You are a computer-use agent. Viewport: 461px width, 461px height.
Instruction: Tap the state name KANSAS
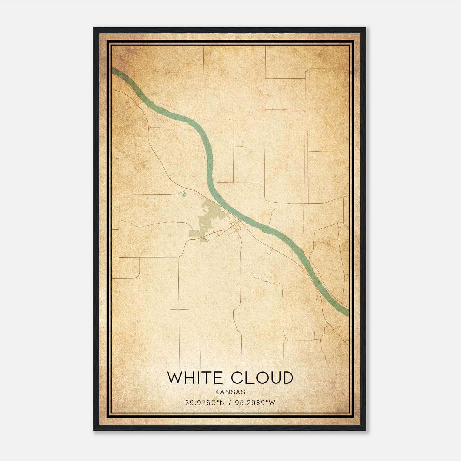(230, 392)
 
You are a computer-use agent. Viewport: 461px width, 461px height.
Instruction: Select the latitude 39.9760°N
(205, 403)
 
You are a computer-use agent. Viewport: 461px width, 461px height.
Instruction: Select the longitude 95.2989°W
(255, 403)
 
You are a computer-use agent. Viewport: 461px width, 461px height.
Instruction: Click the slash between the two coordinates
(230, 403)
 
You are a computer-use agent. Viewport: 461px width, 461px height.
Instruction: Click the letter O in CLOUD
(258, 378)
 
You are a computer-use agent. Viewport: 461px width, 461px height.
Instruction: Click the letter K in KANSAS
(216, 392)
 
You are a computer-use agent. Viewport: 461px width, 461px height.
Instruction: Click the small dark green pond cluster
(184, 194)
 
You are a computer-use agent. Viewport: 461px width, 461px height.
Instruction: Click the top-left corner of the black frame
(94, 28)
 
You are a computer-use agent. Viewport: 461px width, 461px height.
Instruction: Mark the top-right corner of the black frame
(365, 28)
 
